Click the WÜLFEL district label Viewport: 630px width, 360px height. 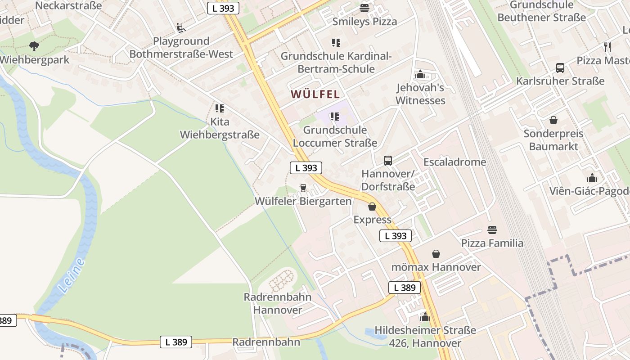(x=315, y=94)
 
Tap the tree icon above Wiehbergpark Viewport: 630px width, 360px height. (x=34, y=46)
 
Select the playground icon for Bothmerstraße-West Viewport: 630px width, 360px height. (x=181, y=28)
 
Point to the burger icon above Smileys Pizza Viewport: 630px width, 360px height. (x=364, y=8)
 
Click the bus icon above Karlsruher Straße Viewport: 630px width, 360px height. (x=560, y=68)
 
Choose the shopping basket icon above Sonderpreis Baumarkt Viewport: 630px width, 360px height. (x=553, y=121)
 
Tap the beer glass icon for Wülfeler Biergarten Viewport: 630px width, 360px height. (x=303, y=188)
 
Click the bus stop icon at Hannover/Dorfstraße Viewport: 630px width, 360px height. (x=388, y=161)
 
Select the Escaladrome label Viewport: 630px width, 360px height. (x=455, y=162)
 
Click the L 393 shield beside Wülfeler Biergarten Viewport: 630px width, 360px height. (x=306, y=168)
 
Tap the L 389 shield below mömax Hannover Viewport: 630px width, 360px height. (x=404, y=288)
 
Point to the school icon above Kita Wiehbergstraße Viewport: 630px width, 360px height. (x=220, y=108)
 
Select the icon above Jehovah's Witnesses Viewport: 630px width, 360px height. (x=420, y=75)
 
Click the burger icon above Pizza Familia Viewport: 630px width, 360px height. (x=492, y=230)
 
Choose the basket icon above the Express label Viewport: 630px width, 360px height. (x=372, y=207)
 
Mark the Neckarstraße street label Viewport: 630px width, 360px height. (x=68, y=5)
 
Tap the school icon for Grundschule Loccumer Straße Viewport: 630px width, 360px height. (x=334, y=117)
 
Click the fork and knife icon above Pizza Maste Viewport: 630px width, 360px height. (x=607, y=47)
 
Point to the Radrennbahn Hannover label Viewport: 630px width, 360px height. (x=278, y=303)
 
